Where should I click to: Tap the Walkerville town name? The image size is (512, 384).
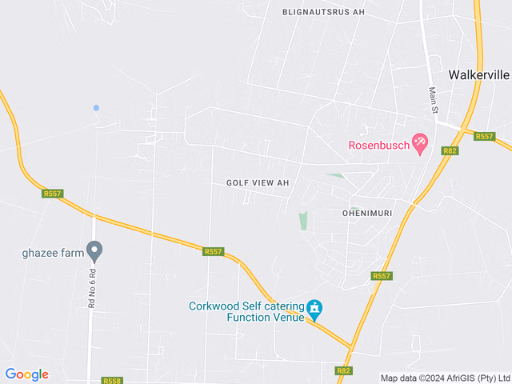479,74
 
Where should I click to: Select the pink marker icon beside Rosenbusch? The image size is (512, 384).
420,144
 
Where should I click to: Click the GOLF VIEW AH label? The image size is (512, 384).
257,182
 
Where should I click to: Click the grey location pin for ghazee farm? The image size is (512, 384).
94,252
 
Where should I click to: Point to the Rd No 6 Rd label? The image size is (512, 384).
92,288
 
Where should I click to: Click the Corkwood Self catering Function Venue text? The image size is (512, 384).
246,311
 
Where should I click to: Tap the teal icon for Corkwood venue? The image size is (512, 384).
315,309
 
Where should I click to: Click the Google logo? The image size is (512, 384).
26,374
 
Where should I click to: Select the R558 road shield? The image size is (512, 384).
112,382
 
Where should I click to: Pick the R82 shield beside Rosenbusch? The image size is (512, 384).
450,150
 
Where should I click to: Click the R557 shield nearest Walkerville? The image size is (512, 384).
485,136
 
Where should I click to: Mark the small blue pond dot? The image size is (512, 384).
96,107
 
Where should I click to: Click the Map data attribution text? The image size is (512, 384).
444,378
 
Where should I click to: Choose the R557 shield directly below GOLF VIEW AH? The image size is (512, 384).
213,251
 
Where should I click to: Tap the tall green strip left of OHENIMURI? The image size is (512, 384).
303,221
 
